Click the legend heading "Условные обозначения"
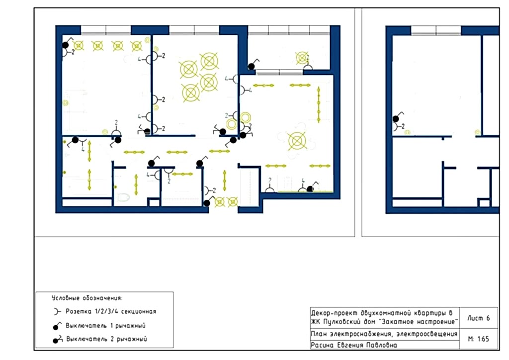point(87,298)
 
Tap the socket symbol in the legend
point(57,312)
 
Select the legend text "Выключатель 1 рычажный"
point(105,326)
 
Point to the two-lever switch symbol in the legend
point(58,339)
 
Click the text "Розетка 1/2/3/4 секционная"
point(111,311)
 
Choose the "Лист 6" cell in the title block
point(479,318)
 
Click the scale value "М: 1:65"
point(479,339)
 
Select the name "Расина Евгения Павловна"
point(354,345)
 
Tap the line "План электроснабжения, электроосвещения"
point(384,334)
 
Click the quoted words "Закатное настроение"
point(419,322)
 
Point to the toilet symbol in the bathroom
point(123,197)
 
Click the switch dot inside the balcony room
point(251,67)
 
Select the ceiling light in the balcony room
point(302,58)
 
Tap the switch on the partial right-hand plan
point(396,119)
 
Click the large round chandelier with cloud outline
point(297,141)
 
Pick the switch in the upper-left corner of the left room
point(66,45)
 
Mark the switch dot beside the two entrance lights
point(207,203)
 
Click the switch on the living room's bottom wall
point(310,188)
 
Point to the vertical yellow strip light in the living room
point(319,104)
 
